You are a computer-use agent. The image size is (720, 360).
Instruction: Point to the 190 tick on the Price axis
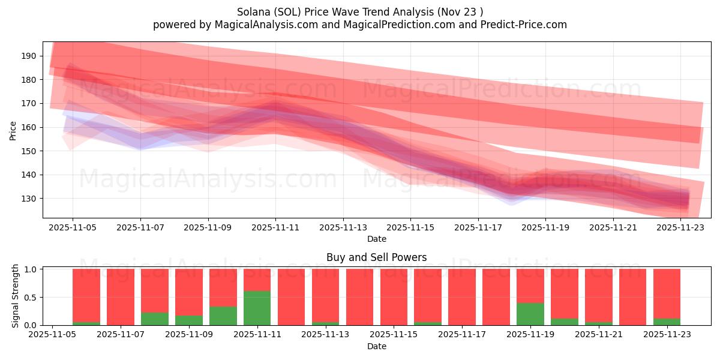pos(29,56)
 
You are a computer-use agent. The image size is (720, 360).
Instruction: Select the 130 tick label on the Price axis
pos(29,199)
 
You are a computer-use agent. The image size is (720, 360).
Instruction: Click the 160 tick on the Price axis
pos(29,127)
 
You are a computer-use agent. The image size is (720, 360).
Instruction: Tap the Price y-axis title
pos(13,130)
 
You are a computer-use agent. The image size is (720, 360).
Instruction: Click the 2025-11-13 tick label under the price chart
pos(343,228)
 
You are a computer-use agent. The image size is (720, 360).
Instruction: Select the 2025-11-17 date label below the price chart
pos(478,228)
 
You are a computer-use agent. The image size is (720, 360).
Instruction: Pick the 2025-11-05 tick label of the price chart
pos(73,228)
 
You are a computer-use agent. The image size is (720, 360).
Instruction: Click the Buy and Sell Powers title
pos(376,257)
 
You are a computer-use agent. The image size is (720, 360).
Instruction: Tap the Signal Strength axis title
pos(16,295)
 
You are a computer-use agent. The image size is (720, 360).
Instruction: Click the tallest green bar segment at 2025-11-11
pos(257,308)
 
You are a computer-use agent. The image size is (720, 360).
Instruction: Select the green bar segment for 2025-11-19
pos(530,314)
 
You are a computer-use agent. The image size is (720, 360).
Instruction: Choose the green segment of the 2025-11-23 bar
pos(667,322)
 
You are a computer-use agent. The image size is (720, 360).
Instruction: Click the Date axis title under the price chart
pos(376,239)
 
